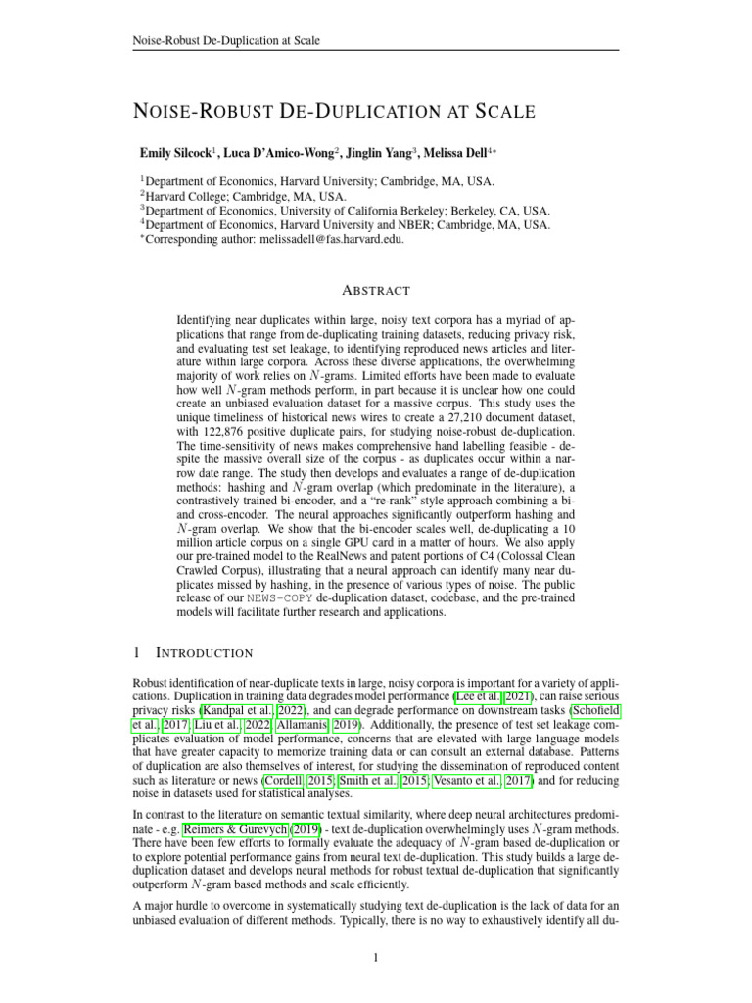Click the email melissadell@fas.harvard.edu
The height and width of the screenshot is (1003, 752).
point(323,238)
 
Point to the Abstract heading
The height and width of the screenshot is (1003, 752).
point(376,290)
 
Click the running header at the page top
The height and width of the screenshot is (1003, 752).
point(226,40)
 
